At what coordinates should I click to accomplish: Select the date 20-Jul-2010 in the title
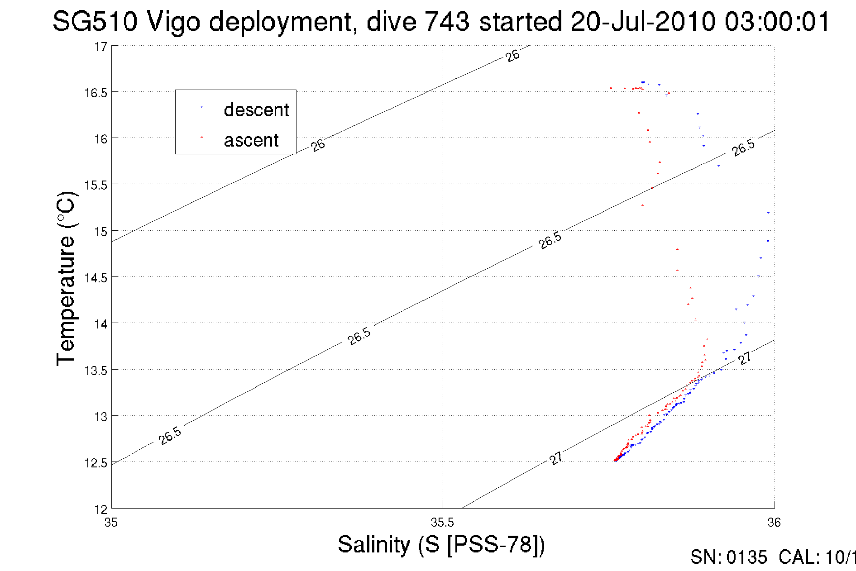[x=643, y=21]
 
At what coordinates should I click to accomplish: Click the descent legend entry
[x=256, y=110]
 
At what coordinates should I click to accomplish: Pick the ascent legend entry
[x=251, y=140]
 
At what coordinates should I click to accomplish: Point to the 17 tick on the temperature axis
[x=100, y=47]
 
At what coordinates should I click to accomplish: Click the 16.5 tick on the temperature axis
[x=96, y=93]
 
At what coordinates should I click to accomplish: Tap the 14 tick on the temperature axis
[x=100, y=324]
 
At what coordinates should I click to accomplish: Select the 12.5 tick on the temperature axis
[x=96, y=462]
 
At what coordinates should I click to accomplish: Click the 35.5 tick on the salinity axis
[x=442, y=523]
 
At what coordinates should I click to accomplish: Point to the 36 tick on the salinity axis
[x=774, y=523]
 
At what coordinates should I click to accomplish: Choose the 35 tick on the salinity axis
[x=111, y=523]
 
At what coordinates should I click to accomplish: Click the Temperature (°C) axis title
[x=67, y=278]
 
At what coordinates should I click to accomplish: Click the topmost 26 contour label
[x=512, y=56]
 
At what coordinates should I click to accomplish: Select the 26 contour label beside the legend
[x=318, y=145]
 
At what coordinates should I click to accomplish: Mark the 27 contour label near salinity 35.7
[x=556, y=458]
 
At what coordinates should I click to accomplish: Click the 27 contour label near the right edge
[x=745, y=358]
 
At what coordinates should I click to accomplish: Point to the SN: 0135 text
[x=728, y=557]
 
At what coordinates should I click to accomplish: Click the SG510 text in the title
[x=95, y=21]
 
